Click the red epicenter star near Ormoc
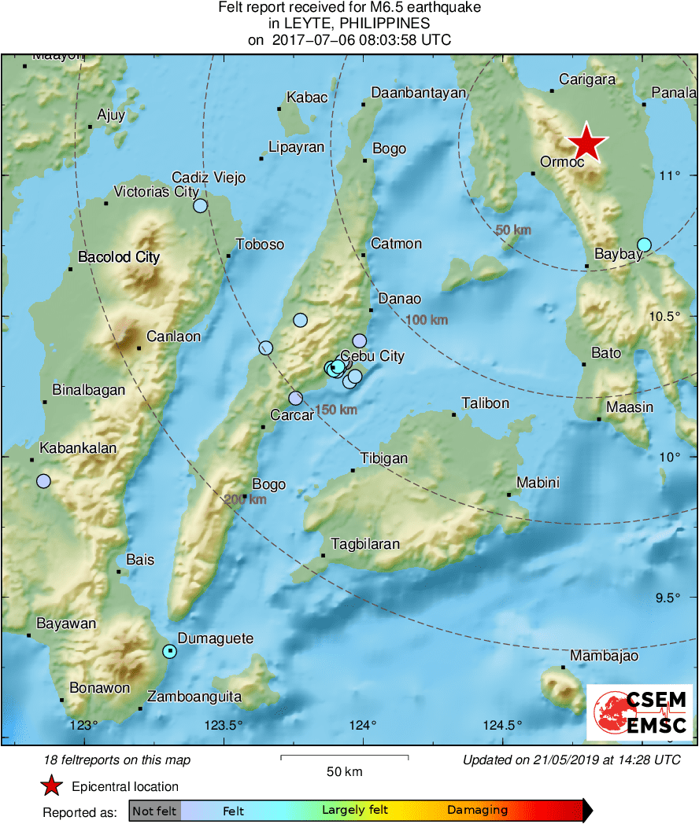tap(587, 145)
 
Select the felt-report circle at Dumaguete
tap(169, 651)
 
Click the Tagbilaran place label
tap(365, 543)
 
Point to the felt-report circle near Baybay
tap(644, 245)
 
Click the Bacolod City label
tap(119, 257)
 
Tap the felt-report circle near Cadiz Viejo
tap(200, 206)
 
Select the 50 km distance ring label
tap(513, 230)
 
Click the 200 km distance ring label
tap(245, 499)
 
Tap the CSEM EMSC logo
tap(639, 712)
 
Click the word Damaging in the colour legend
tap(477, 810)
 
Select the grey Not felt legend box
tap(155, 810)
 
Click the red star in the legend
tap(52, 785)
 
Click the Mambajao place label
tap(604, 656)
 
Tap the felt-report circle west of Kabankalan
tap(43, 481)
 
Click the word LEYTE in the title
tap(296, 24)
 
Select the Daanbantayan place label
tap(418, 92)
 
